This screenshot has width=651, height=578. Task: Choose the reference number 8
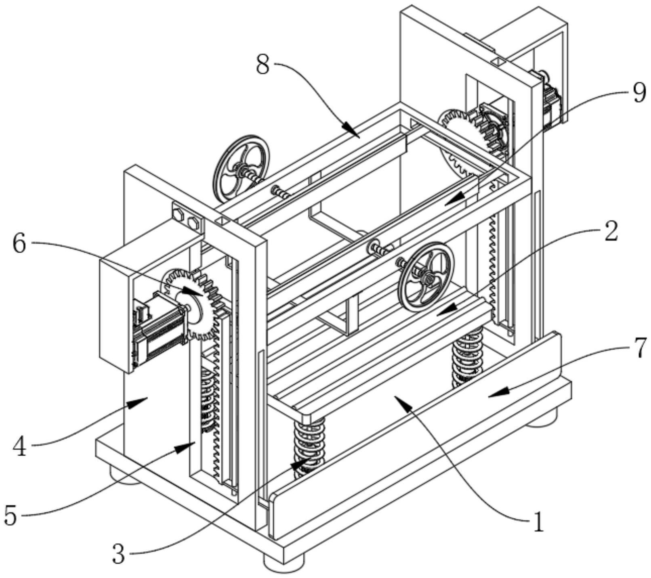[263, 65]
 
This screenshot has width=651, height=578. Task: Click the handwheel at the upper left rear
[241, 169]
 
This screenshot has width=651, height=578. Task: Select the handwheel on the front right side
[426, 276]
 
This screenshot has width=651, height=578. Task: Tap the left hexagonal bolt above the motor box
[178, 213]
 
